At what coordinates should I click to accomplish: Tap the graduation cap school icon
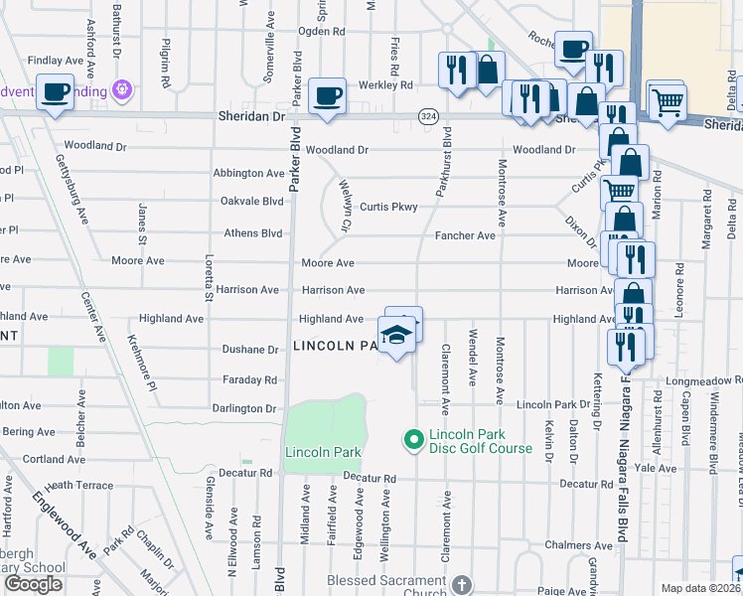point(395,334)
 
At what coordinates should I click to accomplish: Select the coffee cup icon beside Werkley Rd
point(327,96)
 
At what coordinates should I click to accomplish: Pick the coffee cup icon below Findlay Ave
point(55,93)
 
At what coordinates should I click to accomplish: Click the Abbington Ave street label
point(248,173)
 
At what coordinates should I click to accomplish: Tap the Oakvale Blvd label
point(252,200)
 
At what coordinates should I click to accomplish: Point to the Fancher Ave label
point(465,235)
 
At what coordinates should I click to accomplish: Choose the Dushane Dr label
point(251,350)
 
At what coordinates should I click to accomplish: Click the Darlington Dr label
point(243,408)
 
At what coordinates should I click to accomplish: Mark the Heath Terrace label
point(79,485)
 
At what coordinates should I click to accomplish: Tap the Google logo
point(33,584)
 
